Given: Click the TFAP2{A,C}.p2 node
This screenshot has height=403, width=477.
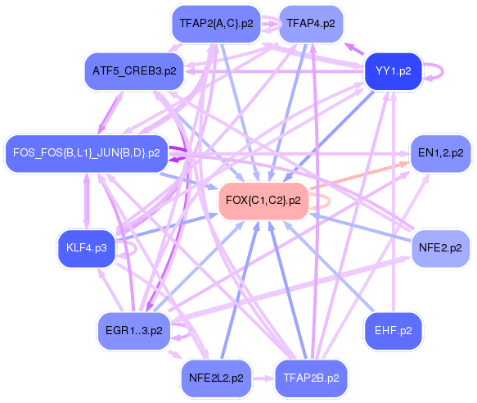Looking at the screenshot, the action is (216, 24).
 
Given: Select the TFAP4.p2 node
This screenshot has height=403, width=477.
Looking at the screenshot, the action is (311, 24).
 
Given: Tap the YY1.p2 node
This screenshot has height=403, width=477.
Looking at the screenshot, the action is (393, 71).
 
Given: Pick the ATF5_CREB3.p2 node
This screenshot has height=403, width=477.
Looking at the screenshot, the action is (134, 71).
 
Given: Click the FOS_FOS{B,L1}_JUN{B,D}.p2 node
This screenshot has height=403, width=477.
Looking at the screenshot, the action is (87, 152).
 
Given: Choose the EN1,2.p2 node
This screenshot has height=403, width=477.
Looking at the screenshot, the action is (440, 152).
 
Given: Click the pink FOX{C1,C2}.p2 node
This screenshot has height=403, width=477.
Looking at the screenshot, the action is (263, 201).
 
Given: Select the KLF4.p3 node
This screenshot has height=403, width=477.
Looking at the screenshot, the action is (87, 248).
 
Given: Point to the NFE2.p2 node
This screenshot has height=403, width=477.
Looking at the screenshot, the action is (440, 248).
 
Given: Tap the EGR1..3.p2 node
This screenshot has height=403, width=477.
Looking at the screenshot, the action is (134, 330).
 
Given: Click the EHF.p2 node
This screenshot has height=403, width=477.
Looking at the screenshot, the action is (393, 330).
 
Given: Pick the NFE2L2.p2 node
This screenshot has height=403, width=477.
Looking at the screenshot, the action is (216, 378).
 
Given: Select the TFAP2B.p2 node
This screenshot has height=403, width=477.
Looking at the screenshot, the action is (311, 378).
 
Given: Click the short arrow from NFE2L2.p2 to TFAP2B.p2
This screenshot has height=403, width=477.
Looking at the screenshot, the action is (263, 378).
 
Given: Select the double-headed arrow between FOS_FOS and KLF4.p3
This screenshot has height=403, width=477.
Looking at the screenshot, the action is (87, 201).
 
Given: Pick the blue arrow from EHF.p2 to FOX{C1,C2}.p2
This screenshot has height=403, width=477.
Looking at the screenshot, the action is (329, 266).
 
